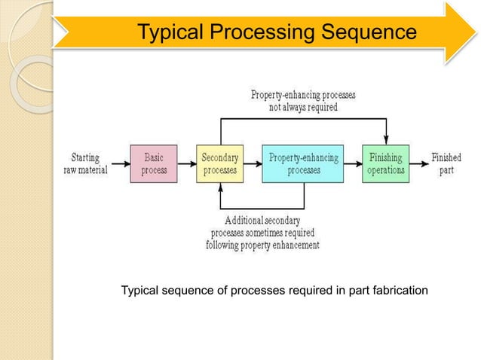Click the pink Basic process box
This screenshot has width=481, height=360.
[154, 163]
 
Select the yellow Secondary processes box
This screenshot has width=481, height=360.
[219, 163]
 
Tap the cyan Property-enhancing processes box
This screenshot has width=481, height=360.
[304, 163]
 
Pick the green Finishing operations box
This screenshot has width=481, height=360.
[386, 163]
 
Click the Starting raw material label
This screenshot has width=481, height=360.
[84, 163]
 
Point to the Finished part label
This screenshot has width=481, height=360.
[446, 163]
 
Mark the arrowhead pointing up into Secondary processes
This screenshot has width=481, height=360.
[219, 188]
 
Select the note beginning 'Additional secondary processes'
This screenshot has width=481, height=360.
[262, 232]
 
